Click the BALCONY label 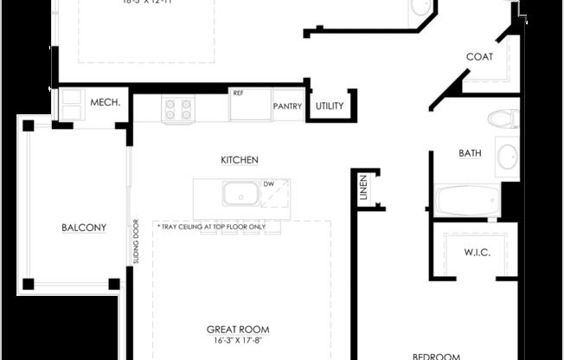84,228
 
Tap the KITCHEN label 240,160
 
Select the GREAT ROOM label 237,330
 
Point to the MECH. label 105,103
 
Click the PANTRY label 286,106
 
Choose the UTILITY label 330,106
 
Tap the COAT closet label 479,57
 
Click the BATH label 470,153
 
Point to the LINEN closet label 364,189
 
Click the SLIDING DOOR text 137,242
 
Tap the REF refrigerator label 237,92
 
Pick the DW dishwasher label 268,184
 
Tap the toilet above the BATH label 501,118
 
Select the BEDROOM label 435,356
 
